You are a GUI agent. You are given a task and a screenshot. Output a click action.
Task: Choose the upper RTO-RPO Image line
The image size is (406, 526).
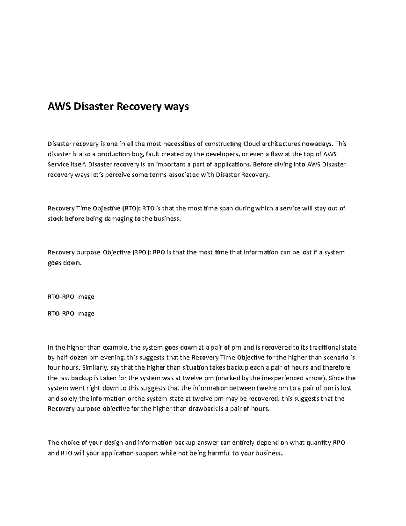(x=71, y=297)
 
